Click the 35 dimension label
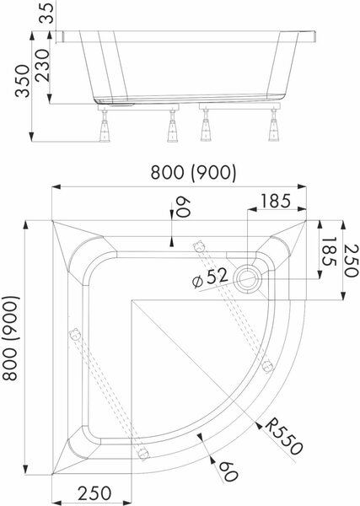[x=46, y=13]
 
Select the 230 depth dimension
[x=42, y=66]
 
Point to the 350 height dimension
[x=23, y=81]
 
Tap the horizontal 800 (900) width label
[x=194, y=173]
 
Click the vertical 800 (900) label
[x=11, y=338]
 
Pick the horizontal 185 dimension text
[x=275, y=201]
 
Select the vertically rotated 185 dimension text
[x=329, y=251]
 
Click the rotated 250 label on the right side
[x=351, y=261]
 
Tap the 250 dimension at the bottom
[x=94, y=493]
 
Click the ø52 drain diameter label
[x=210, y=277]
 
